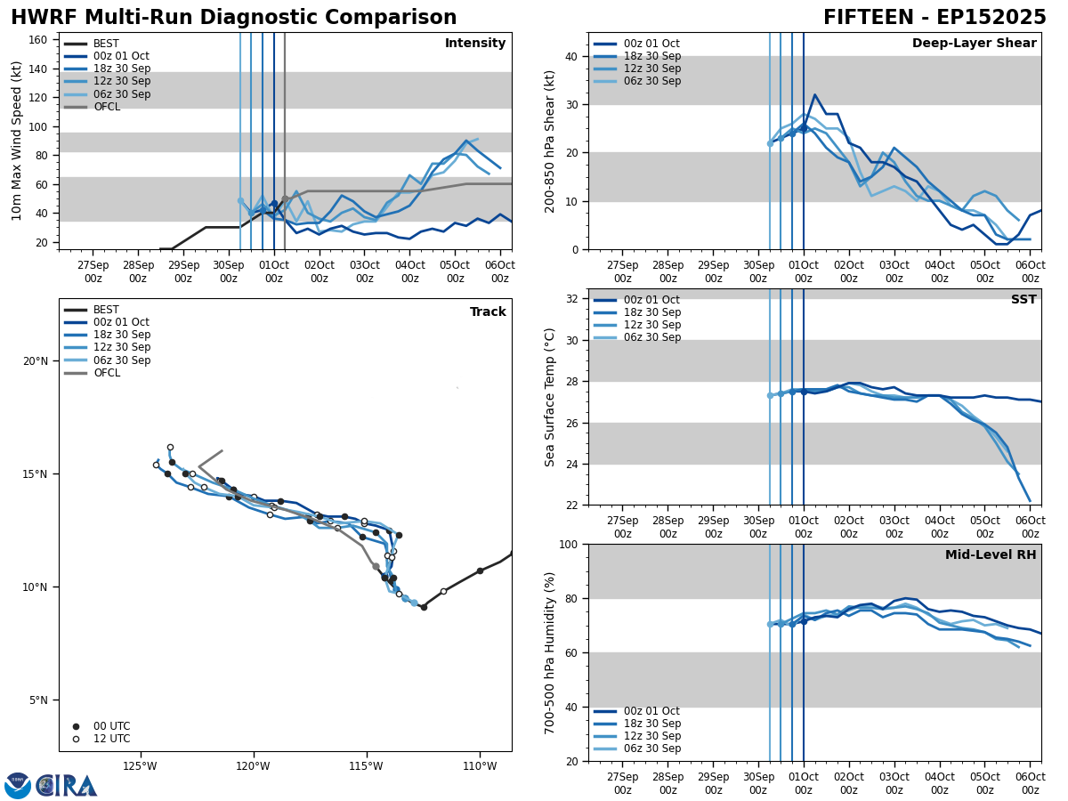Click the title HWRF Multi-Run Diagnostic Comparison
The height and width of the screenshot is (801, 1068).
coord(233,18)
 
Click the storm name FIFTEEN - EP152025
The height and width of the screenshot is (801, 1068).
coord(934,18)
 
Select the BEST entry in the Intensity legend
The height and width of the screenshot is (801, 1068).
coord(106,44)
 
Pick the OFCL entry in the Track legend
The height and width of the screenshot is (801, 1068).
coord(106,373)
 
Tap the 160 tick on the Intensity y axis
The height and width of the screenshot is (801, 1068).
coord(38,40)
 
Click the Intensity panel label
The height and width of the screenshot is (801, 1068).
coord(475,44)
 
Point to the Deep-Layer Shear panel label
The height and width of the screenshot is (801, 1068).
coord(974,44)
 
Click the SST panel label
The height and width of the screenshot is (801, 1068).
coord(1023,300)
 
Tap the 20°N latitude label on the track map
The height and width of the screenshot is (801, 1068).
coord(36,361)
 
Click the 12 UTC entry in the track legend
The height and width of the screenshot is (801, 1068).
coord(111,739)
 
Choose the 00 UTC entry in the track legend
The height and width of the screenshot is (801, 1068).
coord(111,726)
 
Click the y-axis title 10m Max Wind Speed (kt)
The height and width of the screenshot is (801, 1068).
coord(17,141)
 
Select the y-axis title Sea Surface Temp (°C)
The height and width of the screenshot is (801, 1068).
coord(550,397)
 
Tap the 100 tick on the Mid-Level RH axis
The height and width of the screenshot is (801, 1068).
coord(570,545)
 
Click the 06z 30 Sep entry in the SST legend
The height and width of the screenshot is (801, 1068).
coord(651,337)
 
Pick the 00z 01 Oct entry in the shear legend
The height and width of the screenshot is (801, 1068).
coord(651,44)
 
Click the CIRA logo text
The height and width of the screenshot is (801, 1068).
coord(67,785)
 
